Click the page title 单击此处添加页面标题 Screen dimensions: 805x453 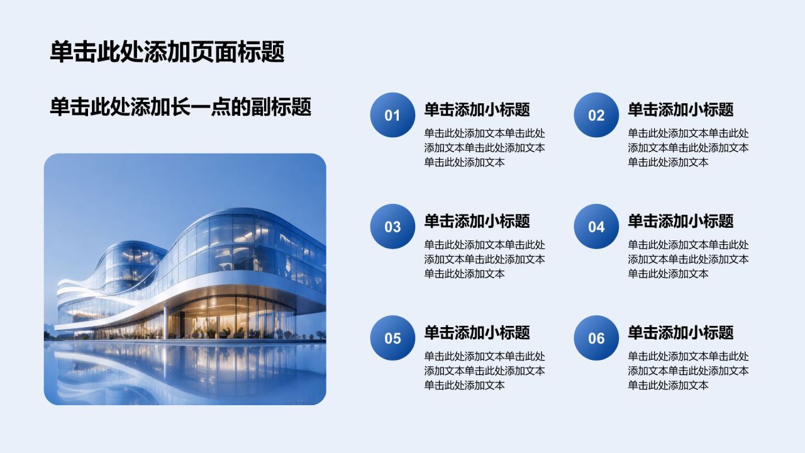(x=167, y=52)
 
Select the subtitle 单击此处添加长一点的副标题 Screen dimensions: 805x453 (x=180, y=107)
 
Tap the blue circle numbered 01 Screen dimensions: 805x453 (x=392, y=115)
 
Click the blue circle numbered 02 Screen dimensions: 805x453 (x=596, y=115)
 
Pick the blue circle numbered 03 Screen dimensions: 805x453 (x=392, y=226)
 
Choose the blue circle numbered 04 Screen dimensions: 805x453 (x=596, y=226)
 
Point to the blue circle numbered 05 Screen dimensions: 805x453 (x=392, y=338)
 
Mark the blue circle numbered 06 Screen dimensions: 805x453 (x=596, y=338)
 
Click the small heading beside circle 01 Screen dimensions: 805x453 (x=477, y=109)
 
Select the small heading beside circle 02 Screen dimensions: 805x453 (x=680, y=109)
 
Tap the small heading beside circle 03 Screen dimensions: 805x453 (x=477, y=221)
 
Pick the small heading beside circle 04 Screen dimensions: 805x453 (x=680, y=221)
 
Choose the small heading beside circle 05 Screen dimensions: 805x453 (x=477, y=332)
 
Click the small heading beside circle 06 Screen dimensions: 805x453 (x=680, y=332)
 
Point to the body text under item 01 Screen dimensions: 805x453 (x=484, y=148)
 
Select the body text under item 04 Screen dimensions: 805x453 (x=688, y=259)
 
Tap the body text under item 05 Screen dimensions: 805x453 (x=484, y=371)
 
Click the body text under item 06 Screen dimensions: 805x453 (x=688, y=371)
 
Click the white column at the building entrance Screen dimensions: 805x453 (x=165, y=322)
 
